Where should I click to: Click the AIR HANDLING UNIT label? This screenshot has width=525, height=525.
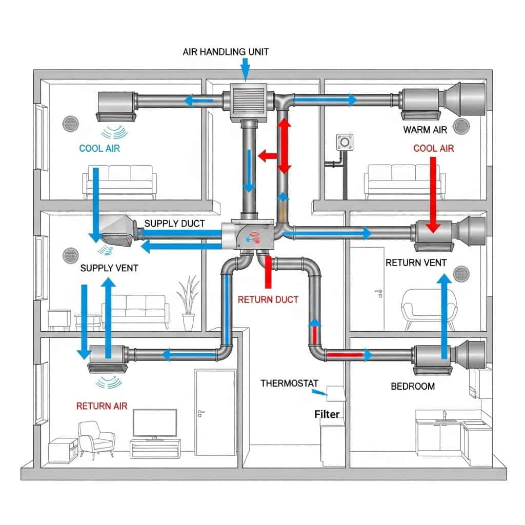226,52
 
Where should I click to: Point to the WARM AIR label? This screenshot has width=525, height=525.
425,130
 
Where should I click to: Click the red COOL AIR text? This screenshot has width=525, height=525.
433,149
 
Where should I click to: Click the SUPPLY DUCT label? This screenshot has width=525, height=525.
174,224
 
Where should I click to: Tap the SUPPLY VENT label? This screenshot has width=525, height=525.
110,268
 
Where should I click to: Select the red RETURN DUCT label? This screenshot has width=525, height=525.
268,299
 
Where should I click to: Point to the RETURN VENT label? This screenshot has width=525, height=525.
416,263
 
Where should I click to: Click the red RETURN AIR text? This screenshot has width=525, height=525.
102,406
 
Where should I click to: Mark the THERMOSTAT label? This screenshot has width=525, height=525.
289,383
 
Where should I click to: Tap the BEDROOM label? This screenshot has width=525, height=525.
413,386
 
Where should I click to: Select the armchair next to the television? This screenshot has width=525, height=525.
96,440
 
